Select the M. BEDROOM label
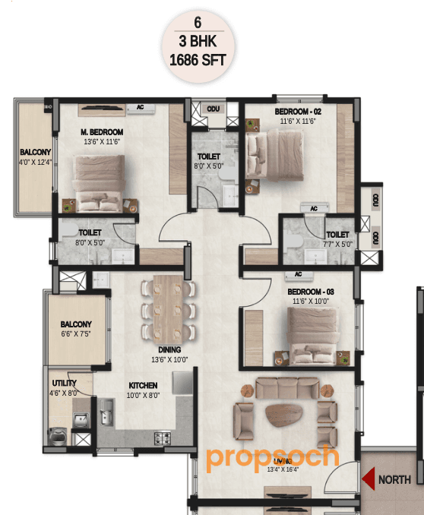pyautogui.click(x=103, y=131)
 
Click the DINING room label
pyautogui.click(x=159, y=350)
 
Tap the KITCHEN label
pyautogui.click(x=143, y=386)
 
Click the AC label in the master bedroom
pyautogui.click(x=140, y=108)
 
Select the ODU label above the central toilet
pyautogui.click(x=214, y=109)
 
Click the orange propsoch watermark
pyautogui.click(x=271, y=458)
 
